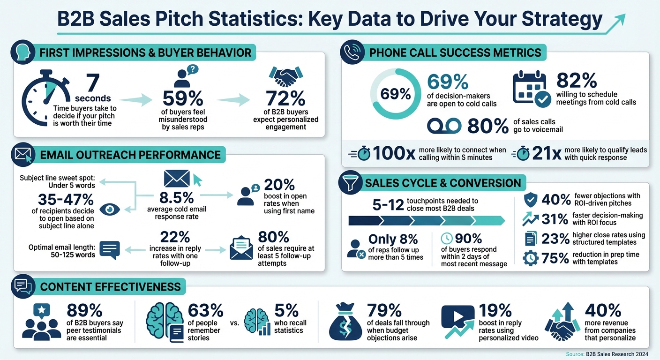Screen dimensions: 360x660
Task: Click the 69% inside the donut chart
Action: tap(395, 94)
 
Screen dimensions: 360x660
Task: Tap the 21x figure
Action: tap(547, 153)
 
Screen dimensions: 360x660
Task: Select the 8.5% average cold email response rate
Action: tap(177, 197)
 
